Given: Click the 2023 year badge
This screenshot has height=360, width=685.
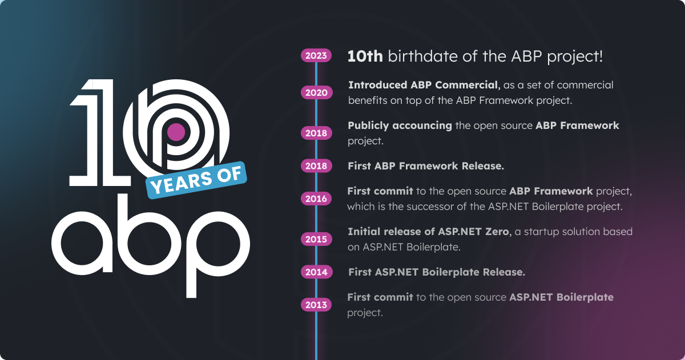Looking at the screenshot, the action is pos(316,55).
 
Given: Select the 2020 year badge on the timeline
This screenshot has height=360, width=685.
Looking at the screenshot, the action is pos(316,92).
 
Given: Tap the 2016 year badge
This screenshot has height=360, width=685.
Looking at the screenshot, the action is pos(316,199).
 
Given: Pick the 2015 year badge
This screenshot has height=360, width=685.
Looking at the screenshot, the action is pos(316,239).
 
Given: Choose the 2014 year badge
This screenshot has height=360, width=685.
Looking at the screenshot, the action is pos(316,272).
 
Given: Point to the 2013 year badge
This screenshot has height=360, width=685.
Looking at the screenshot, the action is pos(316,305).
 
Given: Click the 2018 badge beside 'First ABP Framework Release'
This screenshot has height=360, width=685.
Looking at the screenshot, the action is pos(316,166).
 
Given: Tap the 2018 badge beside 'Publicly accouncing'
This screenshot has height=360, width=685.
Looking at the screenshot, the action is pos(316,134).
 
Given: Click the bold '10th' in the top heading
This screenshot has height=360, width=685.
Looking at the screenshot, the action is pos(365,56).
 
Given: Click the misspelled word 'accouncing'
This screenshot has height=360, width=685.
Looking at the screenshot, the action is pos(422,126).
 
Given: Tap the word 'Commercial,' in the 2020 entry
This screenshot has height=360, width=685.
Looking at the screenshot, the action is pos(468,85).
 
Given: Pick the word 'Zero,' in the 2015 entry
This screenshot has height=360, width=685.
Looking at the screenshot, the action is pos(498,232).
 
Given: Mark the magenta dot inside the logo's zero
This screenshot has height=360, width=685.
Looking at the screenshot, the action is pos(176,132).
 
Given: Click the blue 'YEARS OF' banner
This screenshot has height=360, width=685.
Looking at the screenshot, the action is pos(196,180).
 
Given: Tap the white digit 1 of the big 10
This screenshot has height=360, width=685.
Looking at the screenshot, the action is pos(99,132).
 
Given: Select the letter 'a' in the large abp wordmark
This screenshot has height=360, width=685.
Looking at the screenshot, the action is pos(82,243).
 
